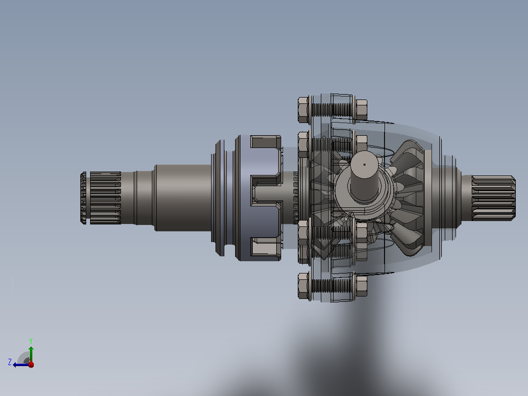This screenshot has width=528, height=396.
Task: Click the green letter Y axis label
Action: [x=31, y=341]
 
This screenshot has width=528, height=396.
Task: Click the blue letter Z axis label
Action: [x=10, y=362]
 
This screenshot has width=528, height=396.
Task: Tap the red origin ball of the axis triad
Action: [x=31, y=365]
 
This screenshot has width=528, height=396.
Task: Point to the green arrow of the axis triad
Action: [x=31, y=354]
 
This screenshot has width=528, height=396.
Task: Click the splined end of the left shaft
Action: [x=101, y=198]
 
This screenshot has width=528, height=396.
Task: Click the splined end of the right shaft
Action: [x=493, y=198]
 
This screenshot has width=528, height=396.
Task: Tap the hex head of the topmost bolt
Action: [x=303, y=110]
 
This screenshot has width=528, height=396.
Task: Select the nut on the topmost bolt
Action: [x=361, y=109]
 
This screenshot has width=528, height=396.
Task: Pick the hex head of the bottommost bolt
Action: [x=303, y=286]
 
